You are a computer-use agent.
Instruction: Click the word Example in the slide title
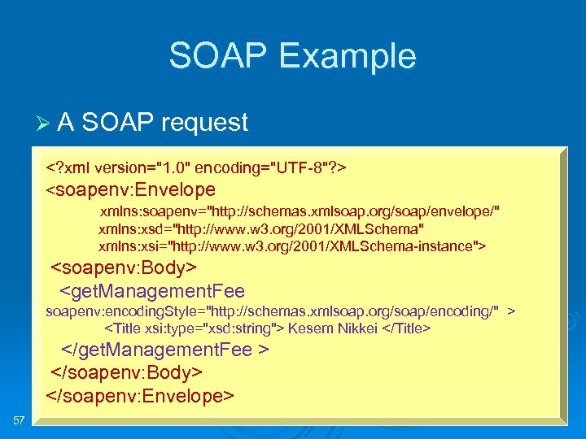[347, 56]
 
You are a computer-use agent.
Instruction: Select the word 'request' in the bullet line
[204, 123]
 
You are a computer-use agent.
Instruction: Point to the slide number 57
[20, 419]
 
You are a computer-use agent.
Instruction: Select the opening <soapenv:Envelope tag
[130, 190]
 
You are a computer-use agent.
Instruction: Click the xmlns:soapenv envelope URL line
[300, 211]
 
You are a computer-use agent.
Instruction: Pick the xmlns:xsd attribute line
[260, 228]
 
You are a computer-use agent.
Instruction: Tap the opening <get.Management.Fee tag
[152, 290]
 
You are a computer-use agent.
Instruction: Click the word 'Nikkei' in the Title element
[354, 328]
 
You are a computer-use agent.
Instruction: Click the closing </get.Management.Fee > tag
[166, 350]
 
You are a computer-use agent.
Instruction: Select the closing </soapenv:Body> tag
[127, 372]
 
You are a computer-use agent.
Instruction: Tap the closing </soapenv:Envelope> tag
[140, 395]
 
